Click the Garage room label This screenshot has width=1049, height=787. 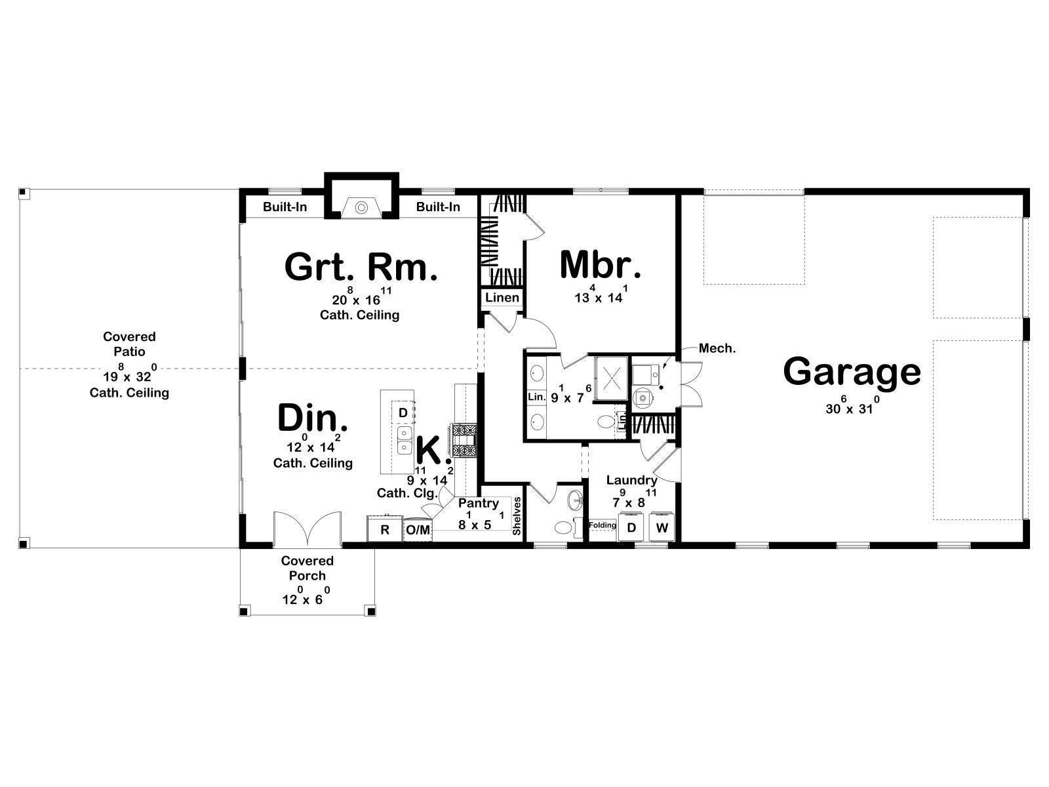(x=852, y=373)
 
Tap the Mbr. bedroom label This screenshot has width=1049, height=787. (x=601, y=265)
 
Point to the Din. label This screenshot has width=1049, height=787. (x=313, y=418)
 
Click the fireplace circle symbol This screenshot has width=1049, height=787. (x=362, y=207)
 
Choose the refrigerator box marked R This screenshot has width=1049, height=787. (x=384, y=529)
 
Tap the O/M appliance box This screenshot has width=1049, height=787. (x=418, y=530)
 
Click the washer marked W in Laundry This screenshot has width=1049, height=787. (x=662, y=527)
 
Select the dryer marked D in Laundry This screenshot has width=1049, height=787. (x=631, y=527)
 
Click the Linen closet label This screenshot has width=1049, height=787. (x=502, y=298)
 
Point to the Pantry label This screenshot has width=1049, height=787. (x=479, y=503)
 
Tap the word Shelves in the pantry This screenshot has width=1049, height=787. (x=517, y=516)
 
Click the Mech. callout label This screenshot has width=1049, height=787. (x=717, y=348)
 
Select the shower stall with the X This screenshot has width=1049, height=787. (x=611, y=378)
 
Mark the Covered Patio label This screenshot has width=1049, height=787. (x=129, y=344)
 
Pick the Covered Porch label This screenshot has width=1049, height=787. (x=307, y=568)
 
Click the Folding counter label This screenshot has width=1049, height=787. (x=603, y=525)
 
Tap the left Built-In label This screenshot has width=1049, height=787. (x=285, y=207)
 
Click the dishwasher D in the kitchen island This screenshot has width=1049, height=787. (x=403, y=413)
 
